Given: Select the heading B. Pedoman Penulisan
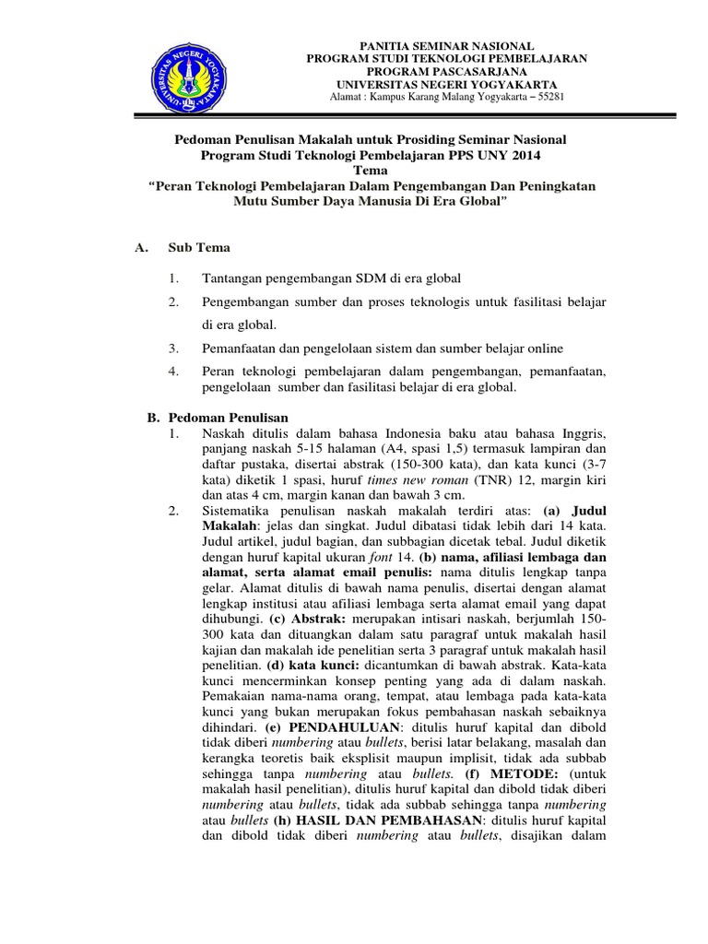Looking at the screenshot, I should (x=218, y=418).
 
